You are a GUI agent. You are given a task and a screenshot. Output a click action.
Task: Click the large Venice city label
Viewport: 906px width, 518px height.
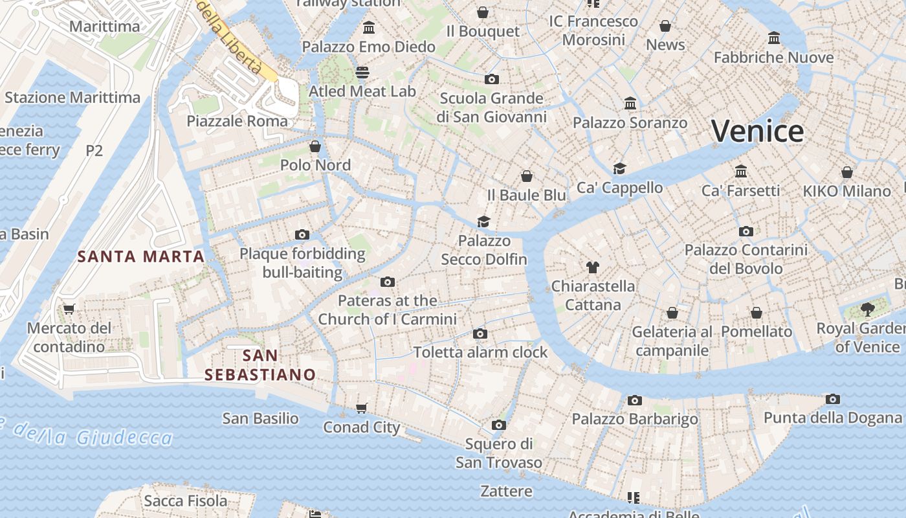(757, 131)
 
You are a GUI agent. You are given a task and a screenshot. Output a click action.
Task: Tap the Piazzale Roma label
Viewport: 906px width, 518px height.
(237, 121)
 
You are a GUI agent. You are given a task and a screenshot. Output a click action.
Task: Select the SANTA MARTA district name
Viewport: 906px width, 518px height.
(141, 256)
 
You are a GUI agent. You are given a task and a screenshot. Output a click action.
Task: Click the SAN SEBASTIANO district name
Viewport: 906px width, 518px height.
(260, 365)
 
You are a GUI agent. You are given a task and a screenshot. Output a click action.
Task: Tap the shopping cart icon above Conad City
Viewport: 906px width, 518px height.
(362, 408)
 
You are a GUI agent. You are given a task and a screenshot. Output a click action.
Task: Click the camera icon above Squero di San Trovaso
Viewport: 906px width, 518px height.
(498, 425)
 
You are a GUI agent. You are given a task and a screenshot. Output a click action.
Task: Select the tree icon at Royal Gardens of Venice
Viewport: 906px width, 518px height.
(868, 310)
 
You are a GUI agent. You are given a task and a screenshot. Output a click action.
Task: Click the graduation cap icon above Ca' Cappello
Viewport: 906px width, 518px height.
(619, 168)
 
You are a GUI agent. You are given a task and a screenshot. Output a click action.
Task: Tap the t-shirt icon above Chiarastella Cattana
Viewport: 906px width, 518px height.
(592, 267)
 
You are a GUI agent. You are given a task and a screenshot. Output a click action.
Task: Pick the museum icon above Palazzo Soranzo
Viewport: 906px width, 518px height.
(630, 104)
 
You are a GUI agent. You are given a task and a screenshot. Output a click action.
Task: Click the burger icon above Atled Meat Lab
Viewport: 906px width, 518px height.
(362, 73)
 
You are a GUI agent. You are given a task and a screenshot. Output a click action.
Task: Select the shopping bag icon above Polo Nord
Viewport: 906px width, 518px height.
(315, 146)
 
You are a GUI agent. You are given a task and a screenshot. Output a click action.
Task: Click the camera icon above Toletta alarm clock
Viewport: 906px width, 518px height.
(480, 333)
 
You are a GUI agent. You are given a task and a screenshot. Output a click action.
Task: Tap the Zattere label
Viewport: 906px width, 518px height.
(506, 491)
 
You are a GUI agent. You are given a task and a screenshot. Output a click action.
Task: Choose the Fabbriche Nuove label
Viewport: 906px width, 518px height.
(773, 58)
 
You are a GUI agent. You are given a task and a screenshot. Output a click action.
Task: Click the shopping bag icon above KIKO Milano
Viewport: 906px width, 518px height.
(846, 172)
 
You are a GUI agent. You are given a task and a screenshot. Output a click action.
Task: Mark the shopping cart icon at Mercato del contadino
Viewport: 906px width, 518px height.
(69, 309)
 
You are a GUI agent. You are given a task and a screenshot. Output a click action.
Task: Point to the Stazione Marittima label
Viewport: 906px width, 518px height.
(72, 98)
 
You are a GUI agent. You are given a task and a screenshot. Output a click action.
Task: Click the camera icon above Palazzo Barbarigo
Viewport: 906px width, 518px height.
(634, 400)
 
